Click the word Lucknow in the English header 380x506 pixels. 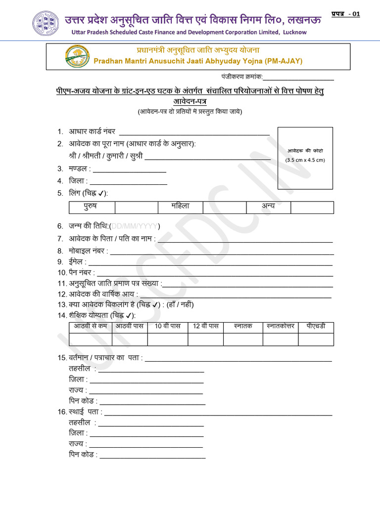pos(295,32)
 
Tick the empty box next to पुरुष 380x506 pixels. pos(136,207)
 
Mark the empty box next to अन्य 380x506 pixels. pos(312,207)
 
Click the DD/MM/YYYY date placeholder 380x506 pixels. pos(134,226)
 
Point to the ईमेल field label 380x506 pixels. pos(78,261)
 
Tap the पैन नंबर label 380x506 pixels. pos(82,272)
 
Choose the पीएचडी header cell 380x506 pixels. pos(316,327)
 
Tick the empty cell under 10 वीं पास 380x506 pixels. pos(167,339)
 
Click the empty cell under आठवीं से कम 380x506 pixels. pos(91,339)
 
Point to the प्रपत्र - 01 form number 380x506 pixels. pos(344,14)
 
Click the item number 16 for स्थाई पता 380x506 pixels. pos(61,412)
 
